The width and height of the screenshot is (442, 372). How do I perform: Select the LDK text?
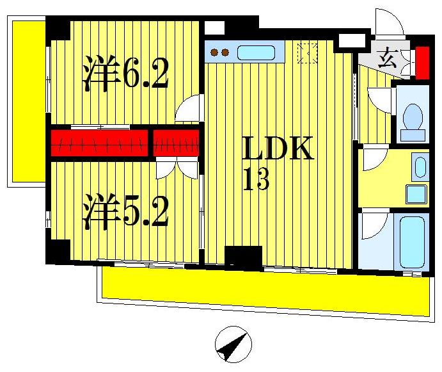pyautogui.click(x=278, y=150)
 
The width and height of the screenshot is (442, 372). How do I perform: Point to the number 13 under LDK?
pyautogui.click(x=257, y=181)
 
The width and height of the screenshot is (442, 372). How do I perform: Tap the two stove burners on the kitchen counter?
pyautogui.click(x=219, y=53)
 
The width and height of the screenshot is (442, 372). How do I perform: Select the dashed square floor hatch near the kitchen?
pyautogui.click(x=308, y=53)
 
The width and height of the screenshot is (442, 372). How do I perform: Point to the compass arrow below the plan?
pyautogui.click(x=232, y=343)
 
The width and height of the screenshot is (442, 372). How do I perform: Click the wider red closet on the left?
pyautogui.click(x=99, y=143)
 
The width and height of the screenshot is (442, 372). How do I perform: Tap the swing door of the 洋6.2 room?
pyautogui.click(x=189, y=109)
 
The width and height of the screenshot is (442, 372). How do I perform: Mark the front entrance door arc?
pyautogui.click(x=388, y=23)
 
